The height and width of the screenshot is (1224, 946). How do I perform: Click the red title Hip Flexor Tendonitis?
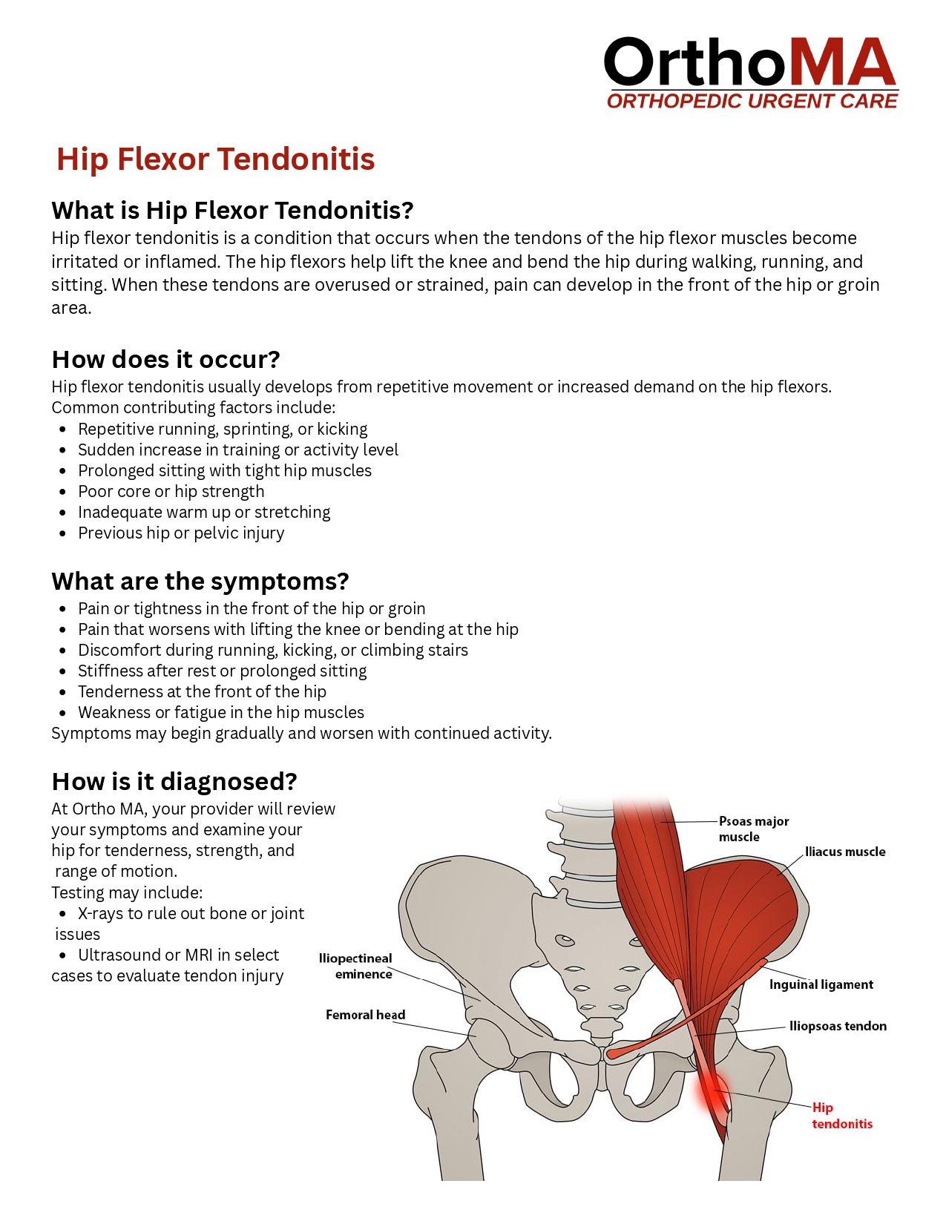point(215,159)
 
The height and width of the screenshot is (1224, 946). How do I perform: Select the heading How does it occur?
point(165,360)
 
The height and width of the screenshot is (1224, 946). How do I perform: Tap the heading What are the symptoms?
point(200,582)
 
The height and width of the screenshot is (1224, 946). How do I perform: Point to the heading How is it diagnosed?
point(174,782)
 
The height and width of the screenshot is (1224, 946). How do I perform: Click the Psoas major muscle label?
point(753,829)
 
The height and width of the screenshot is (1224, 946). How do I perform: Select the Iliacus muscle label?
point(845,852)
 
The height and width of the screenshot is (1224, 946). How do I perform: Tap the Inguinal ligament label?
point(821,984)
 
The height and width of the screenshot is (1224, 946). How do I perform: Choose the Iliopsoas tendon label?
point(838,1026)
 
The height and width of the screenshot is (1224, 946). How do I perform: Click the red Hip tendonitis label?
point(841,1116)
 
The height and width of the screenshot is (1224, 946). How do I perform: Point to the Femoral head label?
point(365,1015)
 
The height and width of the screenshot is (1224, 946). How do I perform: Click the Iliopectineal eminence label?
point(355,966)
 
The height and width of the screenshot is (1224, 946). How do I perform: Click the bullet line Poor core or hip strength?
point(171,492)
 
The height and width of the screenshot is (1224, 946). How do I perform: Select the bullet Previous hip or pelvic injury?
point(181,533)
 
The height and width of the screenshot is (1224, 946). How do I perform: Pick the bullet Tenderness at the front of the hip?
point(202,692)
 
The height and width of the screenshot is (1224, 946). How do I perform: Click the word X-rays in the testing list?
point(100,914)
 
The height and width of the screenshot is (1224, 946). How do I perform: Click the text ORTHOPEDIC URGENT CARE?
point(752,102)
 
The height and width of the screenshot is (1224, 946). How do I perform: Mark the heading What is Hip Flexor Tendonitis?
point(232,211)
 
